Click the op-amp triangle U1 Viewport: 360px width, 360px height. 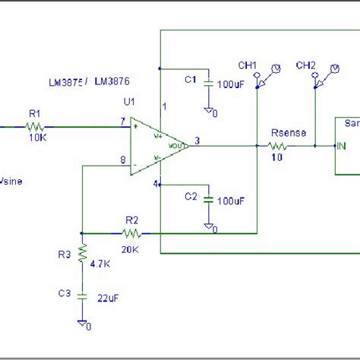tap(156, 146)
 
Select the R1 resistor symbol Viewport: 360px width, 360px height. tap(35, 126)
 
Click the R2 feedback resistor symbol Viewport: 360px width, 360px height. tap(131, 232)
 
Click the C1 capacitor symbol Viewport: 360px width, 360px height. tap(207, 84)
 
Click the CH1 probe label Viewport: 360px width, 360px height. tap(248, 65)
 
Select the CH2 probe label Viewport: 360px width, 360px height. tap(306, 65)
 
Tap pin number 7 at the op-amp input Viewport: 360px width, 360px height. tap(122, 121)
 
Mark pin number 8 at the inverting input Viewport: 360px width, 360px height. tap(122, 159)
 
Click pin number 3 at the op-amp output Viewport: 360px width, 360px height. tap(197, 140)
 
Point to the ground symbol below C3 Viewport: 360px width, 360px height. tap(81, 323)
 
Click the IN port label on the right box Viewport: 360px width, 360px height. tap(343, 147)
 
